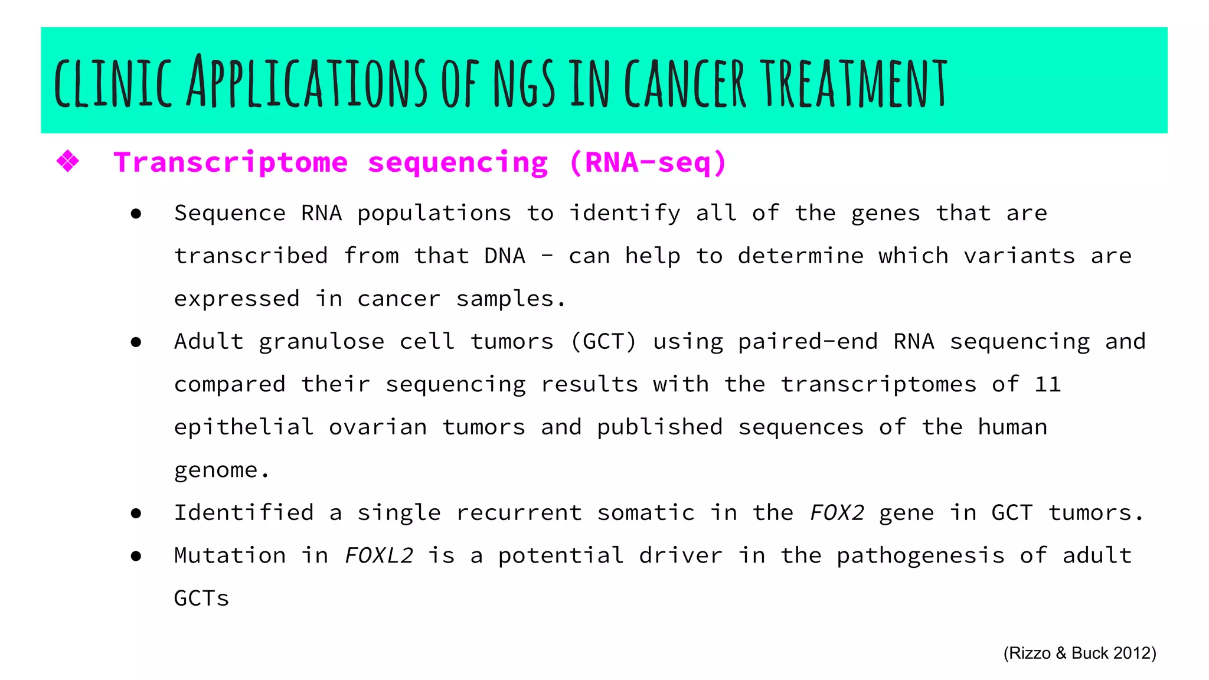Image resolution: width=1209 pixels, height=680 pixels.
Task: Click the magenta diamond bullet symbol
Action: coord(68,161)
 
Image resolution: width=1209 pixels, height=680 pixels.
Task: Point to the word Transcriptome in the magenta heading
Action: coord(231,162)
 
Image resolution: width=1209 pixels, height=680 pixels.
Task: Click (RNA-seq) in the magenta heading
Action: coord(648,162)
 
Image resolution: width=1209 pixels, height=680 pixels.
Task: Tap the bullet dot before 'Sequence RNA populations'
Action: coord(136,214)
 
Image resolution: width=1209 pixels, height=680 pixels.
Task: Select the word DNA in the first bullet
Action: coord(505,256)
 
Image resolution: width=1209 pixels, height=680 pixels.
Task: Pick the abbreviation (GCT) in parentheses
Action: coord(603,342)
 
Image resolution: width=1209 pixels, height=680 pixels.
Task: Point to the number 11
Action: coord(1048,385)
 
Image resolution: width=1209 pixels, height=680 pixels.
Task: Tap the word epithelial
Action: coord(244,427)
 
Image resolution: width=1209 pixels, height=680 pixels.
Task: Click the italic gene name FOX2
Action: coord(837,513)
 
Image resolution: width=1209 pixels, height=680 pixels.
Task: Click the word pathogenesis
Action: coord(920,556)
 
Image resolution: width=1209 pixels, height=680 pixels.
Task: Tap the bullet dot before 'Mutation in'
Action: coord(136,556)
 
